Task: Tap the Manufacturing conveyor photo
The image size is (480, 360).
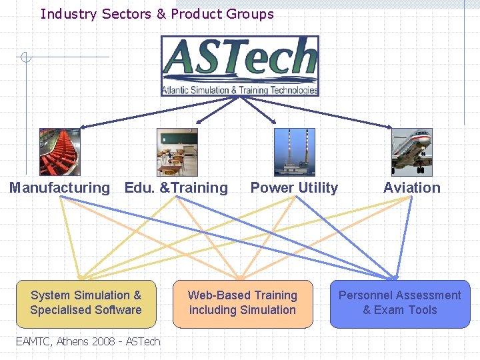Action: [59, 152]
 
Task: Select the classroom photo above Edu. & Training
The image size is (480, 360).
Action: [177, 152]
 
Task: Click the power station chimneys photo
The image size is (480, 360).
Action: [294, 152]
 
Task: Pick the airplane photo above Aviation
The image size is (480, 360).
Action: [411, 152]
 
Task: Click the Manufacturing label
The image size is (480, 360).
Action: [59, 188]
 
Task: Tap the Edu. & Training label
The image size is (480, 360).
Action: [176, 188]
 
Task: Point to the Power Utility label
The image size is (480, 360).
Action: [294, 188]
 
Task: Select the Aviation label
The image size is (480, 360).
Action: [411, 188]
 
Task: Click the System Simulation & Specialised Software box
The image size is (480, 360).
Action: [86, 303]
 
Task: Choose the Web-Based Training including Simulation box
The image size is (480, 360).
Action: [243, 303]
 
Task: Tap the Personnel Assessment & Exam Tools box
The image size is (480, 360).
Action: [400, 303]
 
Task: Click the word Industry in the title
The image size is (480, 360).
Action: [69, 14]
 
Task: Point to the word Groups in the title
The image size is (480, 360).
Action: [250, 14]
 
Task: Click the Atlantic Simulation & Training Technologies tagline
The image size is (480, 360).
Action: [240, 90]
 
